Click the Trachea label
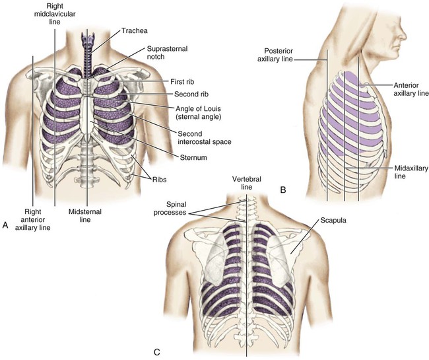pos(135,30)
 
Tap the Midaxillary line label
pos(411,173)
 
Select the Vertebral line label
pos(246,184)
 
